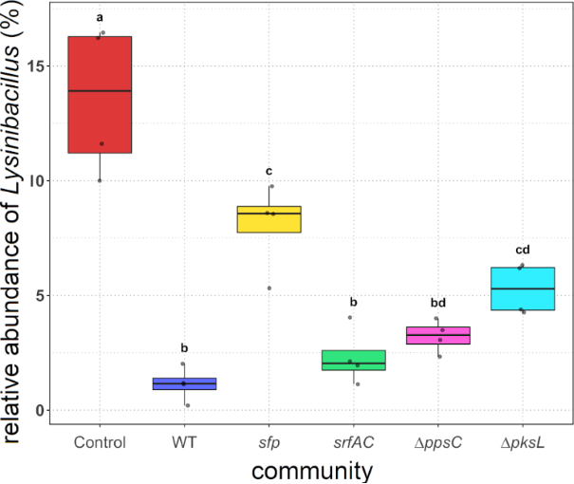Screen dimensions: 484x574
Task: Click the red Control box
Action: click(100, 94)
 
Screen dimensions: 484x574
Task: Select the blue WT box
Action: click(185, 383)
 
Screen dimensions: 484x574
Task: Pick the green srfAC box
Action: click(354, 361)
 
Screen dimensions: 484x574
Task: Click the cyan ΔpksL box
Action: click(523, 289)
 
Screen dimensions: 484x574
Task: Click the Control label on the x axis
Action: click(100, 442)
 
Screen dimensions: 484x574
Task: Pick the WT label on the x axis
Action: click(185, 442)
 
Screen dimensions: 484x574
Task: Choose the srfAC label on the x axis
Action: click(354, 442)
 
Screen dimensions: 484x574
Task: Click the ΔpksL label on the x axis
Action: click(523, 442)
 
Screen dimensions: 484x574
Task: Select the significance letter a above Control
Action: click(100, 18)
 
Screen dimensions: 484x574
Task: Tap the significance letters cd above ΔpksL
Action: click(523, 251)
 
